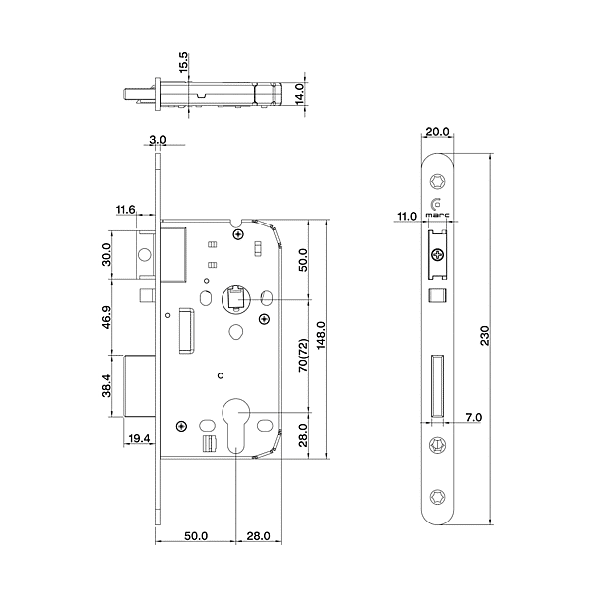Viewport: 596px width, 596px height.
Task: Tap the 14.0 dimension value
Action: (298, 94)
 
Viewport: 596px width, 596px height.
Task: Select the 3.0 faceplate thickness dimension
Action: (159, 140)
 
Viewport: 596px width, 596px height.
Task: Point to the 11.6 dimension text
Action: (125, 210)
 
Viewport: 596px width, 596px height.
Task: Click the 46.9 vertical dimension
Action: (107, 317)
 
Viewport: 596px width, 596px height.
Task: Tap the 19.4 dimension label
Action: (138, 438)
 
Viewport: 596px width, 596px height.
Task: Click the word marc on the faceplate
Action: (437, 213)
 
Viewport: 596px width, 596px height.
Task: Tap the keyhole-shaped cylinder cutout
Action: (237, 422)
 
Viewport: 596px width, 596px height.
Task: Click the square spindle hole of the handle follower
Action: (235, 296)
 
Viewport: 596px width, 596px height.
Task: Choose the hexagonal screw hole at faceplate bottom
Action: (437, 494)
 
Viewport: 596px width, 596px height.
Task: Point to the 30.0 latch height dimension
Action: (107, 255)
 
